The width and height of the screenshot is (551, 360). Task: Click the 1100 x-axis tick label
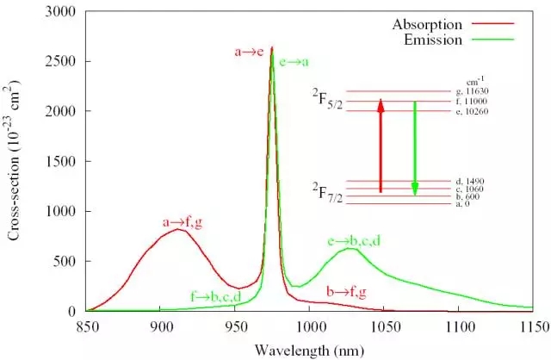(x=459, y=326)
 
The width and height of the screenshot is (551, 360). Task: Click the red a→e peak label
(x=250, y=52)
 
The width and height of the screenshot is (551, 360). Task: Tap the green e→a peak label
(x=293, y=61)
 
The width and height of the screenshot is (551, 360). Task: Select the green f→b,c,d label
(x=215, y=297)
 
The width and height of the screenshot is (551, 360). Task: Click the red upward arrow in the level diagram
(x=381, y=146)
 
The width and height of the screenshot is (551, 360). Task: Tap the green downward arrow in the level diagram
(x=415, y=146)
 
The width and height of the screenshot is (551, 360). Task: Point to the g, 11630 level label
(x=468, y=91)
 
